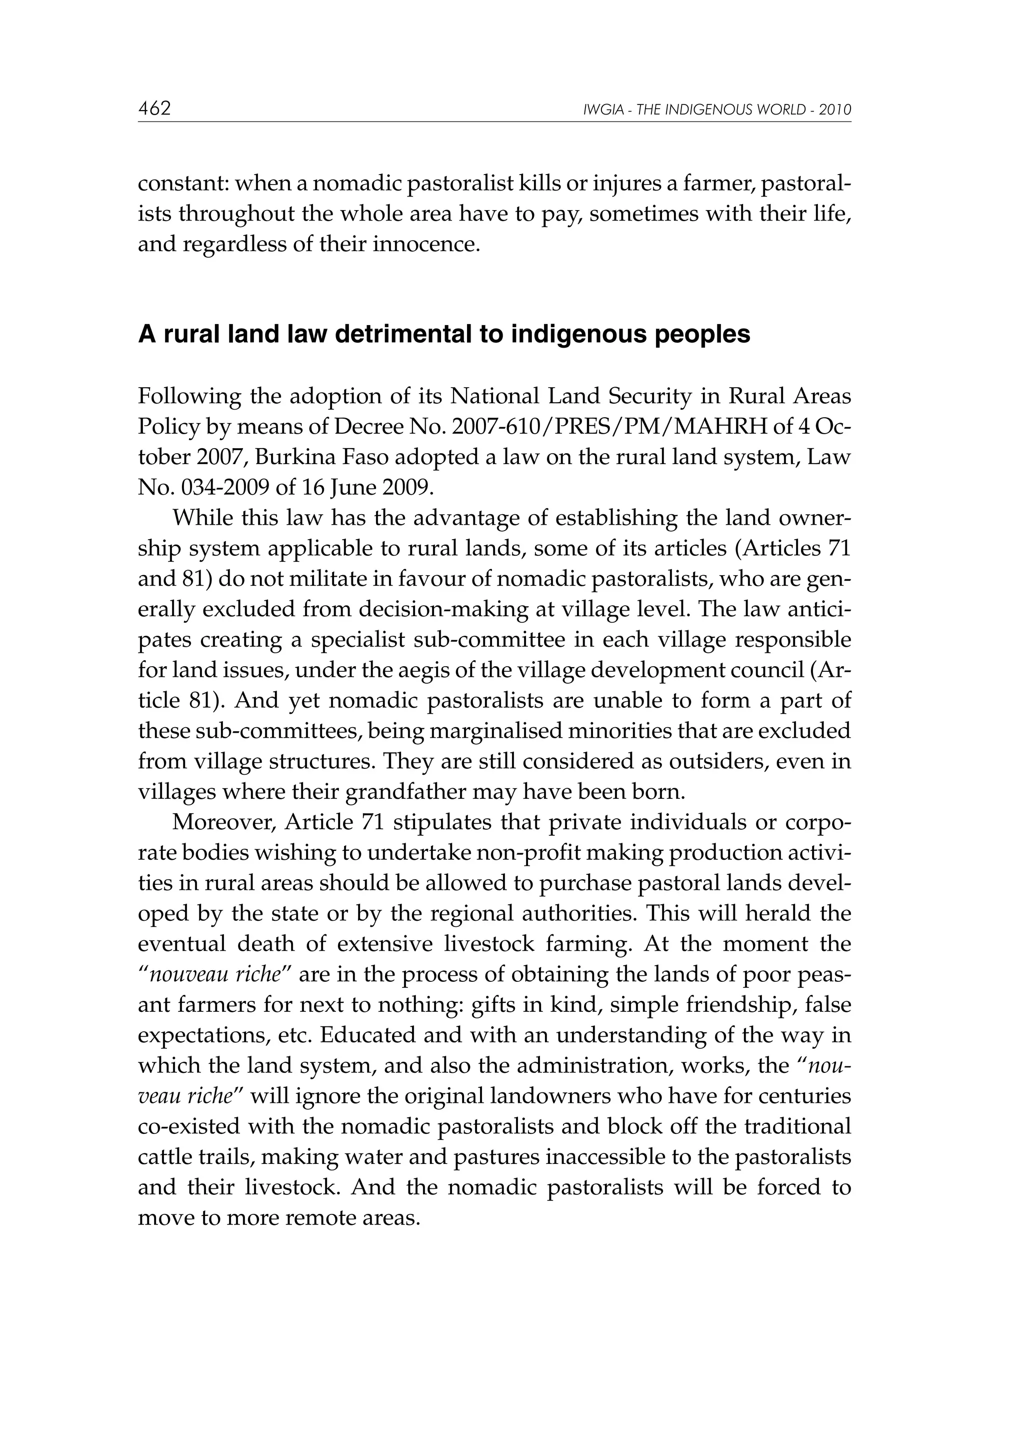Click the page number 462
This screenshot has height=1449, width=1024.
(154, 109)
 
